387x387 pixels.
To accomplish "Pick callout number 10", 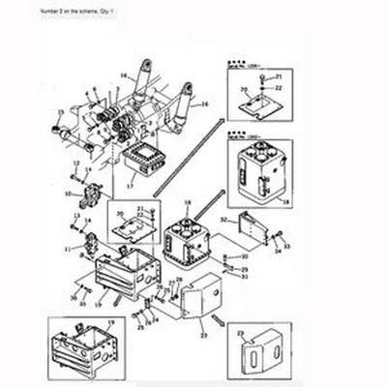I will point(69,193).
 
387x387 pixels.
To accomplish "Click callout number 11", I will point(69,250).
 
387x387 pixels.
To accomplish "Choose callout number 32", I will point(223,220).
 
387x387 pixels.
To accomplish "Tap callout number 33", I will point(285,248).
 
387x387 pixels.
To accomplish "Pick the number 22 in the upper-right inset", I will point(279,87).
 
